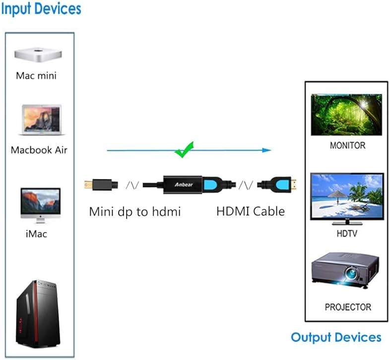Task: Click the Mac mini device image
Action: [x=38, y=55]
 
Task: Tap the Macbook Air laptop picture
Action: [x=42, y=120]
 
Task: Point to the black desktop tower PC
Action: [x=38, y=314]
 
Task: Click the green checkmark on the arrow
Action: [x=184, y=150]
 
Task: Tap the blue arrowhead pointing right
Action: [x=266, y=150]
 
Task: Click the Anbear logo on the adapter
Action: [x=184, y=184]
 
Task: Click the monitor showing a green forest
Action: [x=346, y=115]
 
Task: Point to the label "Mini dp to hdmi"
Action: [x=135, y=212]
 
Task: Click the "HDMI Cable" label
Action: [x=251, y=211]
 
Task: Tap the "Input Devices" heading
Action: [x=41, y=9]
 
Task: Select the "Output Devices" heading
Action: [x=336, y=337]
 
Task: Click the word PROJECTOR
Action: [x=348, y=307]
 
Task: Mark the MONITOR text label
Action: [x=347, y=145]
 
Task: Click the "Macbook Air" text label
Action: [x=39, y=150]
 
